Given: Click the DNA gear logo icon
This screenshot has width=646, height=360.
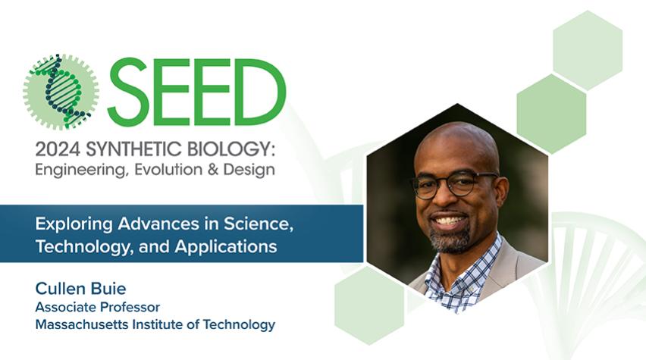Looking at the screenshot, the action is pos(61,92).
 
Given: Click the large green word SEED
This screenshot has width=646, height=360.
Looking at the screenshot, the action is pos(197,92).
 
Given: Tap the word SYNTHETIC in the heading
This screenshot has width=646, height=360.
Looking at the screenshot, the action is pos(134,149).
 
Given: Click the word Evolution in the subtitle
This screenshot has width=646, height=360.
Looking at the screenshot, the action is pos(168,169).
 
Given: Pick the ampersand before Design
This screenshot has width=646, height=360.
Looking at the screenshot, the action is pos(213,170).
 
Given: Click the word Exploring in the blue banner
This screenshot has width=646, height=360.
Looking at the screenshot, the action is pos(74,224).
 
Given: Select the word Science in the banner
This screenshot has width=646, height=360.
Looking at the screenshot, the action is pos(259,224).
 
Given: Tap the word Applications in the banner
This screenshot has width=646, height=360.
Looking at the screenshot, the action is pos(226,247).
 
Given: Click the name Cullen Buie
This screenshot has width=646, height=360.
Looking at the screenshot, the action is pos(80,289).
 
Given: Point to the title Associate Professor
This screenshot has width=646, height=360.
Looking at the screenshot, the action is pos(98,307).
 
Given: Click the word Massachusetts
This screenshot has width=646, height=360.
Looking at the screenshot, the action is pos(82,324).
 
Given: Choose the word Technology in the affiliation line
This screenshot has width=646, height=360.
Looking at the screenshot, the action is pos(239,325).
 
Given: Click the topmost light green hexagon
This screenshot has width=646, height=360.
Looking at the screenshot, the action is pos(588,51).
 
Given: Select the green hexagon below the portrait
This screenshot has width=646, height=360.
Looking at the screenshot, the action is pos(369,305).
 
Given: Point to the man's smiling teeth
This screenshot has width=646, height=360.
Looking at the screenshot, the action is pos(449,221).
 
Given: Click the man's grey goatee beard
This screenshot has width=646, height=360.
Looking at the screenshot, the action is pos(450,239).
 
